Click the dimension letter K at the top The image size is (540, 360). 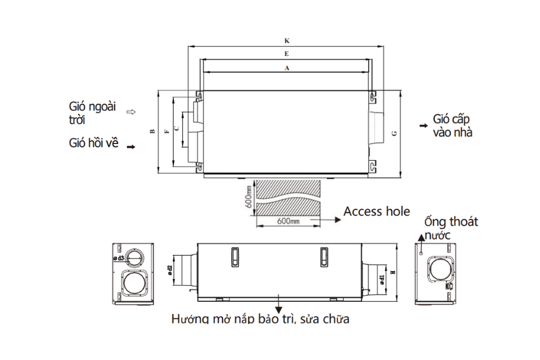click(x=287, y=41)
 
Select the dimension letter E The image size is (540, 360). click(x=287, y=55)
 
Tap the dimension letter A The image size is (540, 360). click(x=287, y=68)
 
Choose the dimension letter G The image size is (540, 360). click(x=394, y=133)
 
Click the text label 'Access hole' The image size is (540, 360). click(x=377, y=211)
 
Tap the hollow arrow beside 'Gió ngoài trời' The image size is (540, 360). click(x=132, y=112)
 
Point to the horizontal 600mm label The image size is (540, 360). click(x=289, y=222)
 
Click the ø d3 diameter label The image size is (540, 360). click(x=118, y=258)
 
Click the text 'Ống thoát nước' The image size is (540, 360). click(x=450, y=228)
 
